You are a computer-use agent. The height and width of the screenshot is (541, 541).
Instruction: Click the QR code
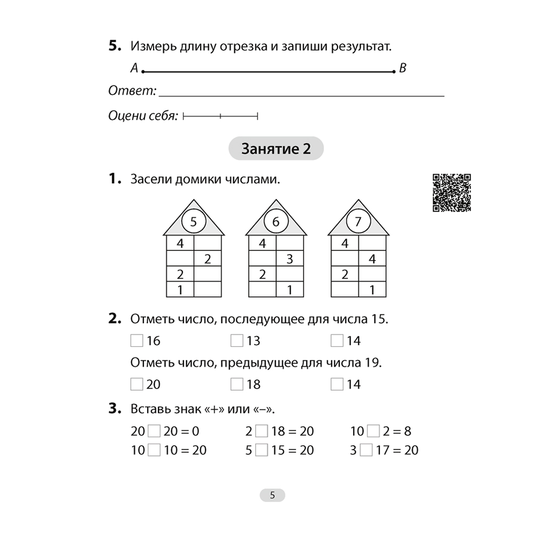pos(452,193)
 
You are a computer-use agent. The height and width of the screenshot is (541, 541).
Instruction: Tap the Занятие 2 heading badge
pos(276,149)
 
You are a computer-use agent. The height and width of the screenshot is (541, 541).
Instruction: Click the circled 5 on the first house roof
pos(194,221)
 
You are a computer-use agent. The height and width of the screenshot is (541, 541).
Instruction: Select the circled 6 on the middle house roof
pos(275,221)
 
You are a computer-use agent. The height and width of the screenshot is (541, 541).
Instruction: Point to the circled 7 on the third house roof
pos(358,221)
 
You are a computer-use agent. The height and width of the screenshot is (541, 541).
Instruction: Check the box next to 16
pos(137,340)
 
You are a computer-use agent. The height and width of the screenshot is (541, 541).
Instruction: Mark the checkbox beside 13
pos(236,340)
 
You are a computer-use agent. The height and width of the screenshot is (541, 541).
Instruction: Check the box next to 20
pos(137,384)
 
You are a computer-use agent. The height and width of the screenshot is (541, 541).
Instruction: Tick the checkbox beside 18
pos(236,384)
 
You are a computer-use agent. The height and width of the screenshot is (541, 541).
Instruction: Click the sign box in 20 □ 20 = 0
pos(155,431)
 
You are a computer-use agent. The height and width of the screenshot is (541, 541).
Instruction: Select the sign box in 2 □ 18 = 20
pos(262,431)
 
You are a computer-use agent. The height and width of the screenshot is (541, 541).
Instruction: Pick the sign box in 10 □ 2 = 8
pos(373,431)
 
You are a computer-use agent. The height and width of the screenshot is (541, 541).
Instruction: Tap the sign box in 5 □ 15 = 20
pos(262,450)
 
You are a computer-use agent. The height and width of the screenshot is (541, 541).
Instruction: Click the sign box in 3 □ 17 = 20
pos(366,450)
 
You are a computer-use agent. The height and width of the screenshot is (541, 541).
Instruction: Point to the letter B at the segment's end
pos(403,69)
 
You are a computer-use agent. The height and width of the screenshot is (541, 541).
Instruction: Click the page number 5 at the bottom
pos(272,495)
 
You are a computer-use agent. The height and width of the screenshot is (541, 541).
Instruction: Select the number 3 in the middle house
pos(289,259)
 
